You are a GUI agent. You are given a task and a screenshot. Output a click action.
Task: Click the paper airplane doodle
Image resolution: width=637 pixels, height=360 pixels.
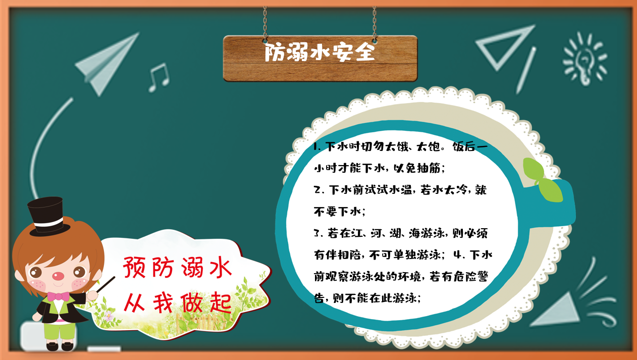coord(107,64)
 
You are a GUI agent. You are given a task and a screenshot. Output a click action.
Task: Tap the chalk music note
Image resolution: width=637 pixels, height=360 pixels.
coord(159,77)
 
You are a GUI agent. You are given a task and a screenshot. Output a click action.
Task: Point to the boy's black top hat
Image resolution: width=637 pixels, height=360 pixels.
coord(47,217)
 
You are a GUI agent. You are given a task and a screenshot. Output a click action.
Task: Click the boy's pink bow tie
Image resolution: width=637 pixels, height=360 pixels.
coord(58,296)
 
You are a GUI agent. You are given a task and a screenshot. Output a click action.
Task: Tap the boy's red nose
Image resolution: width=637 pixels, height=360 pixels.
coord(58,276)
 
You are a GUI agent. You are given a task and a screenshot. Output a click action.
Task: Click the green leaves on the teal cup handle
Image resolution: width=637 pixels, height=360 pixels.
coord(542,180)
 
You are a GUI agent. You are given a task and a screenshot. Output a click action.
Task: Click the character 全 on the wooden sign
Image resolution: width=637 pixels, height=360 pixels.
coord(365,52)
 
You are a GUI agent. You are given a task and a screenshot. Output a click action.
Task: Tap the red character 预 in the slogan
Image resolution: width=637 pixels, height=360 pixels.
coord(134,267)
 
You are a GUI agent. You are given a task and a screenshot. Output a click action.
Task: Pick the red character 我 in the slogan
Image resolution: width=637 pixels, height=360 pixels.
coord(163,302)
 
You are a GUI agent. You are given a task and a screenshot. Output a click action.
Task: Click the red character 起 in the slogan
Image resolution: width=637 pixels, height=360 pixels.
coord(221,302)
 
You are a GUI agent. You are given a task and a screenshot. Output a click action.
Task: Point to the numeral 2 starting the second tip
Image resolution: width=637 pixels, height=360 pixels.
coord(317,189)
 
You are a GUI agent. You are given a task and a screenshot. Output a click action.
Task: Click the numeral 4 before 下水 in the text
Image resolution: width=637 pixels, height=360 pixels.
coord(457,254)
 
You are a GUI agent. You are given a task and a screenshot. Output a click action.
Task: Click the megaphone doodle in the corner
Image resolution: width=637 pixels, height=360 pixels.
coord(557,310)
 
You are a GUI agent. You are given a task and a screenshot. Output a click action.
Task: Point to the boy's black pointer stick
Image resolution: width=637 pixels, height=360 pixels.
coord(106,284)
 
